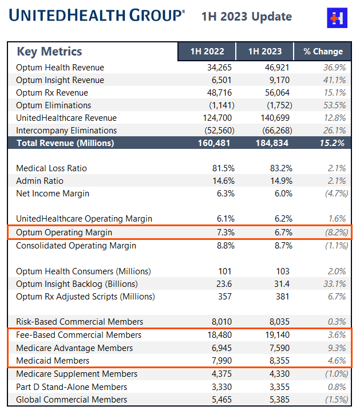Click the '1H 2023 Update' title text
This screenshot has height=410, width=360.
click(247, 17)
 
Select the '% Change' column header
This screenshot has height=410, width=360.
click(323, 52)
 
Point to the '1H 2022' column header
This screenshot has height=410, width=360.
click(207, 52)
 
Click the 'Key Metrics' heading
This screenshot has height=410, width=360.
click(49, 52)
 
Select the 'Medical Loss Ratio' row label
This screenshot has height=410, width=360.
click(52, 168)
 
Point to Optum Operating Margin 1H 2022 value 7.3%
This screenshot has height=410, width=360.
click(223, 232)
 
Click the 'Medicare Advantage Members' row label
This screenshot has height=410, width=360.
click(74, 348)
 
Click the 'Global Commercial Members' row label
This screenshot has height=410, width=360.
click(72, 400)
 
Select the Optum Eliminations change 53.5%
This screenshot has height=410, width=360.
click(334, 105)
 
